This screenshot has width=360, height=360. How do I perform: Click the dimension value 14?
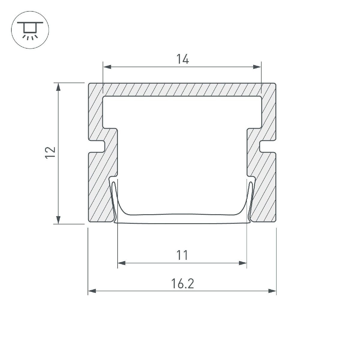coord(182,59)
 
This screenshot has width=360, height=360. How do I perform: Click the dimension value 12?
coord(50,153)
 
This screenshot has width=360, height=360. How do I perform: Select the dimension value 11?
coord(182,255)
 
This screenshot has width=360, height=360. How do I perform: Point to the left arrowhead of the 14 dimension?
coord(107,67)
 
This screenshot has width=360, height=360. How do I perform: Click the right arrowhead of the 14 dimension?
coord(257,67)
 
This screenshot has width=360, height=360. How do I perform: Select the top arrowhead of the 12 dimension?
coord(58,87)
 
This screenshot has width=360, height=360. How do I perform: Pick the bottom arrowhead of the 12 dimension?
coord(58,220)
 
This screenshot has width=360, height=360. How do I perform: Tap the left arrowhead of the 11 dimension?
coord(122,263)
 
